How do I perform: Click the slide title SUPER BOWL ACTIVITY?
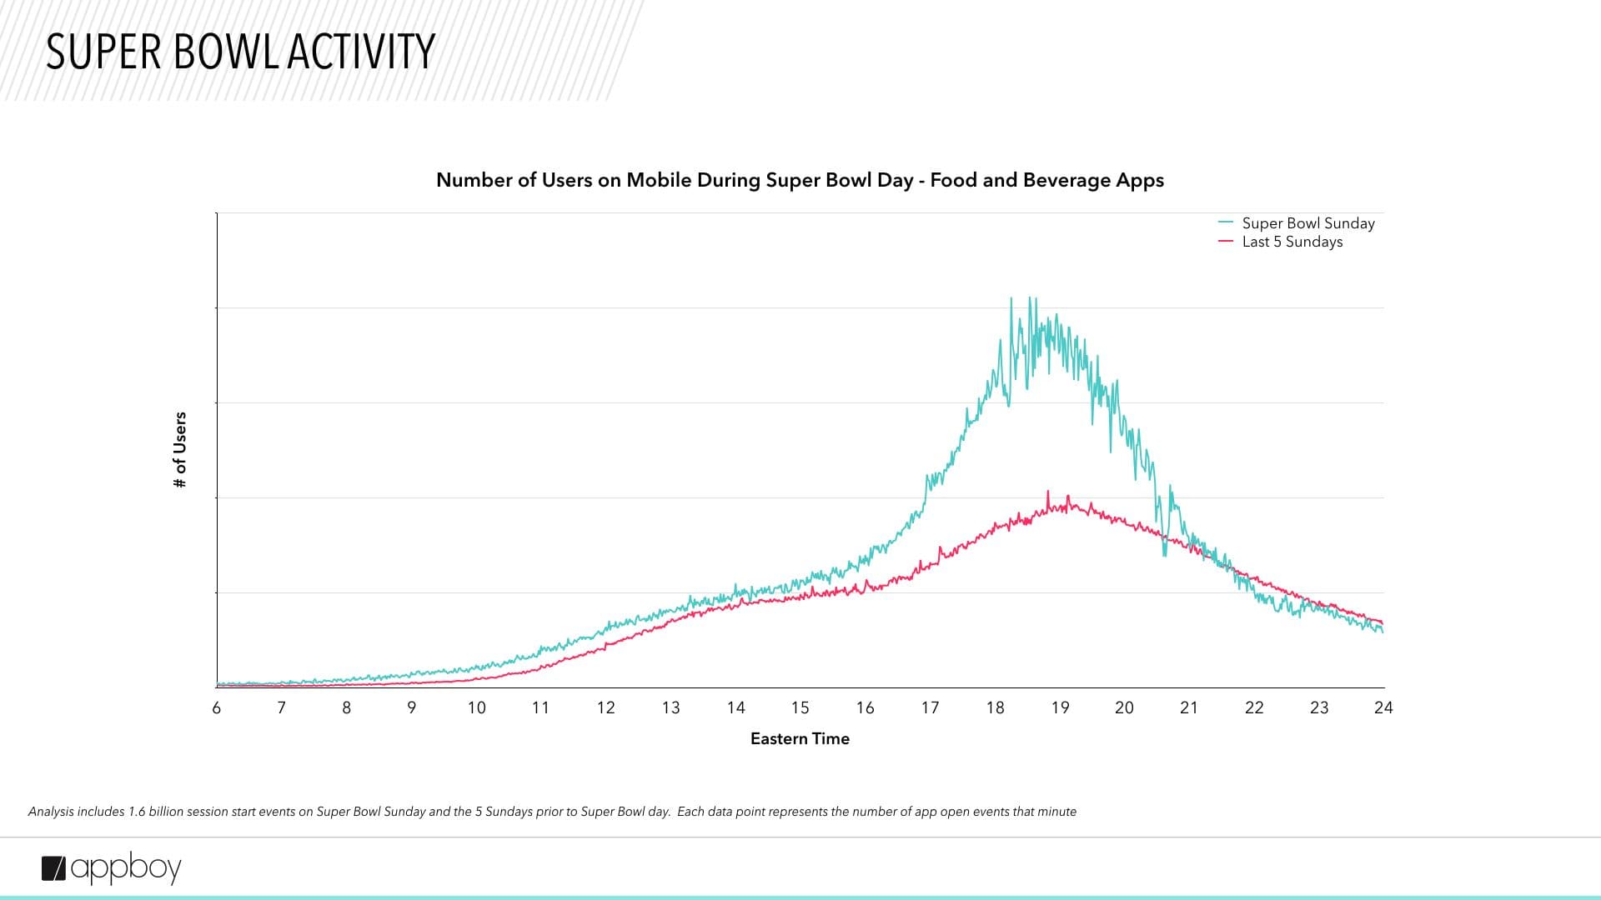tap(240, 52)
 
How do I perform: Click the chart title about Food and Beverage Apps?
tap(800, 180)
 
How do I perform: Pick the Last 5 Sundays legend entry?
tap(1292, 242)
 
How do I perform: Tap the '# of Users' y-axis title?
tap(180, 450)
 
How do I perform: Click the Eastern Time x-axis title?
tap(800, 738)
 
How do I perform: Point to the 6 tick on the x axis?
tap(217, 707)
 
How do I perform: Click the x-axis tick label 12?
tap(606, 707)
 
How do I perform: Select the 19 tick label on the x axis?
tap(1060, 707)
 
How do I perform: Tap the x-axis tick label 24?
tap(1383, 707)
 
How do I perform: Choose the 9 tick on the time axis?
tap(411, 707)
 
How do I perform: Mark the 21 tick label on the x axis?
tap(1189, 707)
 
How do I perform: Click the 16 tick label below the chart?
tap(865, 707)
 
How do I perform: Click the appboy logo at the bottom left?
tap(112, 868)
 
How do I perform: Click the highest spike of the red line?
tap(1048, 492)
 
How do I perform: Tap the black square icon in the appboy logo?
tap(53, 868)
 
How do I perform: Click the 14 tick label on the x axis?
tap(735, 707)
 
